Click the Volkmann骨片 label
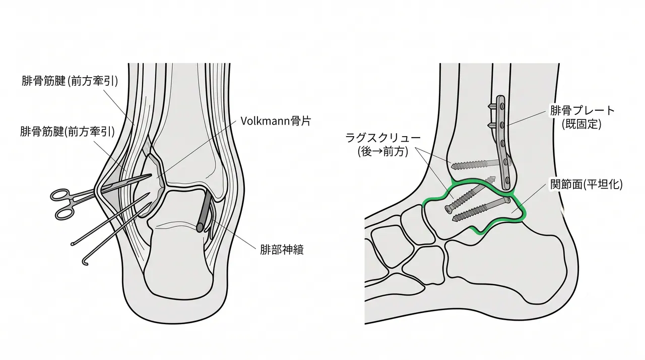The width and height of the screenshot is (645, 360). pyautogui.click(x=276, y=121)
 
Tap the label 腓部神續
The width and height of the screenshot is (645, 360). pyautogui.click(x=282, y=250)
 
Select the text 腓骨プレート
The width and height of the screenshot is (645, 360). pyautogui.click(x=582, y=110)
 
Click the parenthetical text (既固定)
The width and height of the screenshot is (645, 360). pyautogui.click(x=582, y=124)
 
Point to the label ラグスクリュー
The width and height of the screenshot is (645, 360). pyautogui.click(x=382, y=138)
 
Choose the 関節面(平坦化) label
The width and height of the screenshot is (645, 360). pyautogui.click(x=586, y=185)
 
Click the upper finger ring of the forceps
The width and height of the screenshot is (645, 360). pyautogui.click(x=59, y=195)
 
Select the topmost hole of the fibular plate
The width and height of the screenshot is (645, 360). pyautogui.click(x=502, y=106)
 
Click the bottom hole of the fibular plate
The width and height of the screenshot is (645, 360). pyautogui.click(x=507, y=181)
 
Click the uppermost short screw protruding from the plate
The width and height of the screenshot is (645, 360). pyautogui.click(x=493, y=106)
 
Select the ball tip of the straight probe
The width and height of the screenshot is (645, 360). pyautogui.click(x=72, y=245)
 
